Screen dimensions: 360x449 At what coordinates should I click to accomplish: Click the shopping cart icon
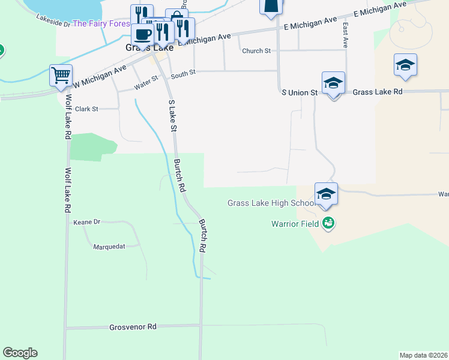pos(61,76)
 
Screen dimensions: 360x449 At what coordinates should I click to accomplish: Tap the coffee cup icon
pos(143,34)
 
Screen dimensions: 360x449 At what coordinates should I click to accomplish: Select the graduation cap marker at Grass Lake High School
pos(326,194)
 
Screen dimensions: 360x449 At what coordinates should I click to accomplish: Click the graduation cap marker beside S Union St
pos(333,83)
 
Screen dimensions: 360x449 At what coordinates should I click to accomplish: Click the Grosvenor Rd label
pos(133,327)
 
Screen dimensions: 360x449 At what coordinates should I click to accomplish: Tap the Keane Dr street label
pos(86,222)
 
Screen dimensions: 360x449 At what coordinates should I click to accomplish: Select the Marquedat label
pos(111,246)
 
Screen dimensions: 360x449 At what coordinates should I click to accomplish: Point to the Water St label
pos(146,82)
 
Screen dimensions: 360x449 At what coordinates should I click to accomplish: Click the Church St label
pos(256,51)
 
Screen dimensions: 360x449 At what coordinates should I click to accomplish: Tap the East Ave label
pos(345,35)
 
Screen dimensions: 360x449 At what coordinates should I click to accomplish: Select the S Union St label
pos(300,92)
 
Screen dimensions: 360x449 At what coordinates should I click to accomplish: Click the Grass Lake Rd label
pos(377,92)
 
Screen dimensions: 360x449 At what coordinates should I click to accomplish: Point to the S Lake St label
pos(172,116)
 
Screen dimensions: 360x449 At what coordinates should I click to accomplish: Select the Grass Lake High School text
pos(271,203)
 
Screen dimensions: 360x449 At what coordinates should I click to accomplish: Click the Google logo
pos(20,353)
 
